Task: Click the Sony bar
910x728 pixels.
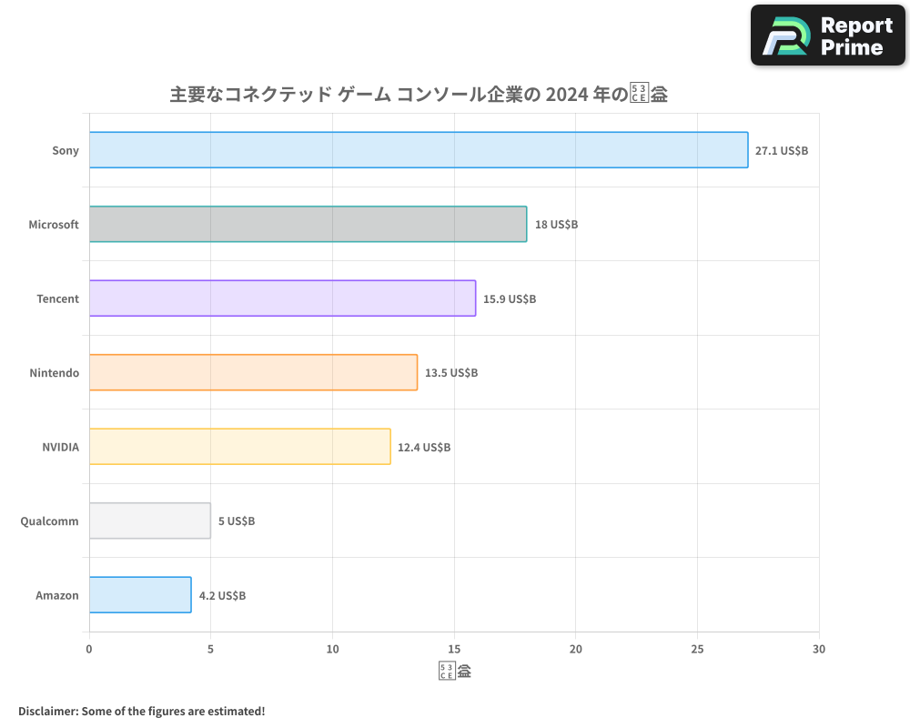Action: pos(419,150)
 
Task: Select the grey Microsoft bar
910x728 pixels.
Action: pos(308,224)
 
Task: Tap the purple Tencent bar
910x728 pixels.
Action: pos(282,298)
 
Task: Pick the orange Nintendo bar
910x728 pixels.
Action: pos(253,372)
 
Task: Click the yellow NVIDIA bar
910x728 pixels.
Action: pos(239,447)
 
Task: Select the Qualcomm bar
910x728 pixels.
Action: pos(149,521)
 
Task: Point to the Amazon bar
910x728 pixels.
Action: pos(140,595)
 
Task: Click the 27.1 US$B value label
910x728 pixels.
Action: pos(781,150)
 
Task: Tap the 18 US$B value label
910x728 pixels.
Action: pos(556,225)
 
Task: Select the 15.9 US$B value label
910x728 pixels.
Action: pos(509,298)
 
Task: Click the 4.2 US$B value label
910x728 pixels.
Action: pos(222,595)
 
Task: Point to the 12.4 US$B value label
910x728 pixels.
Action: pos(424,447)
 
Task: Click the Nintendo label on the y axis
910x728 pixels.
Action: pos(54,373)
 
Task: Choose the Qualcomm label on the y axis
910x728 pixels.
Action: pos(49,521)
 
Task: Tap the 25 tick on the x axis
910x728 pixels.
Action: pos(697,649)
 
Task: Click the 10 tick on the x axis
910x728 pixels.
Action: pos(332,649)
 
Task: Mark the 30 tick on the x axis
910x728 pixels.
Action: pos(819,649)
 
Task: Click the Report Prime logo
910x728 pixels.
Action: pos(827,35)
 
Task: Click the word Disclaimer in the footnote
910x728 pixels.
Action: pos(46,711)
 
